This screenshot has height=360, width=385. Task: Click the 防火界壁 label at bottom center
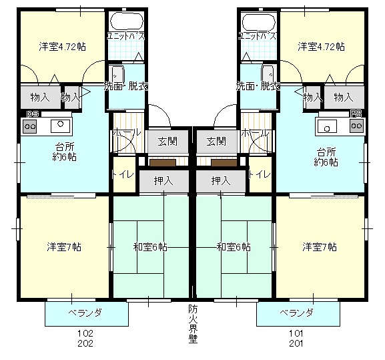pos(192,323)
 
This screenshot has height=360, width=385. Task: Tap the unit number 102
pos(85,333)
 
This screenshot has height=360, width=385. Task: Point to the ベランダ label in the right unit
pos(296,313)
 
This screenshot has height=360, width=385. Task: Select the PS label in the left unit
pos(31,114)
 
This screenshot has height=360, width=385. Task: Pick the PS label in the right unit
pos(356,114)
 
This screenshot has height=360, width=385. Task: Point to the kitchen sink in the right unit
pos(327,124)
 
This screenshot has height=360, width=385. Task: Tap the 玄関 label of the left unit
pos(167,141)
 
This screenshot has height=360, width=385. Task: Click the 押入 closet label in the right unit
pos(221,180)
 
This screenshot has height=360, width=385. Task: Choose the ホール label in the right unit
pos(257,133)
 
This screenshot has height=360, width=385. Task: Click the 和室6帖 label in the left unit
pos(150,246)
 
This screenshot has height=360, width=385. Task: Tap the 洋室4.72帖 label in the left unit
pos(61,46)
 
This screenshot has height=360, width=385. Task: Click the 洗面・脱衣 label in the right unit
pos(258,86)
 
